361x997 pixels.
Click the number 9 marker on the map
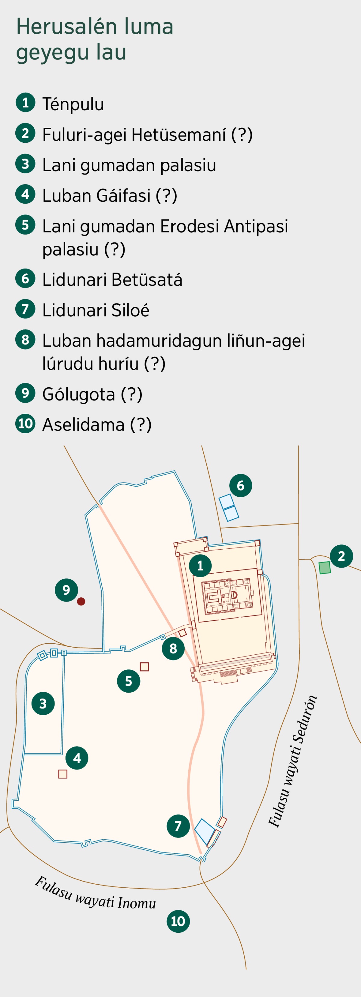[x=66, y=590]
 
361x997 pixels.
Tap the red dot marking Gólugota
[x=81, y=602]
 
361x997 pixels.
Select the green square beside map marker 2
[x=325, y=568]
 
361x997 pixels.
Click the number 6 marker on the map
[x=241, y=485]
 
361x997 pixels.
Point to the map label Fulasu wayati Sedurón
[x=293, y=762]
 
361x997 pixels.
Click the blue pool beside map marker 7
[x=204, y=831]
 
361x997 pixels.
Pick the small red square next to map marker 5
[x=144, y=666]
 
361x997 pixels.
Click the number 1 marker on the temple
[x=200, y=566]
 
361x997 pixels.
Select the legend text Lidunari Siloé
[x=96, y=310]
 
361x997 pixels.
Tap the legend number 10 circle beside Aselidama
[x=26, y=423]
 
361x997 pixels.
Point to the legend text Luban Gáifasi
[x=110, y=195]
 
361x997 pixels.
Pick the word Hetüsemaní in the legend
[x=179, y=135]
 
